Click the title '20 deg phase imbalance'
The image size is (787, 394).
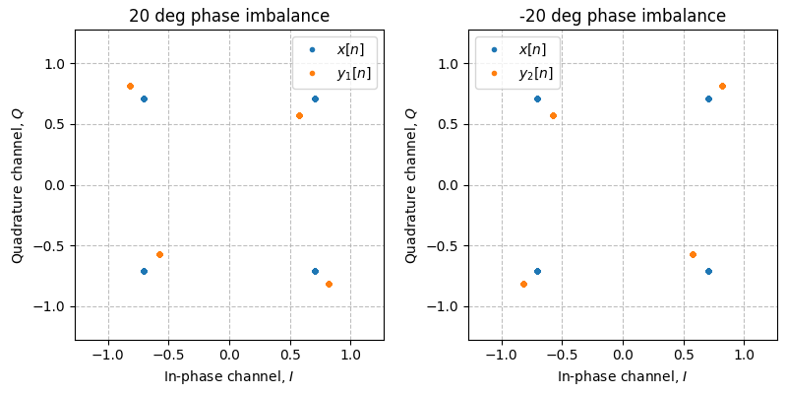[x=229, y=16]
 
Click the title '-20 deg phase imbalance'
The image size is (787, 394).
[x=623, y=16]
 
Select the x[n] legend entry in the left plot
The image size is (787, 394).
[x=334, y=49]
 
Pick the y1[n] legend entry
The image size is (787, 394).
[x=334, y=72]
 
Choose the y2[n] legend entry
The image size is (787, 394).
[x=517, y=72]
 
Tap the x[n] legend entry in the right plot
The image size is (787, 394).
[x=517, y=49]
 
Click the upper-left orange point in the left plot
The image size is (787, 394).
[x=130, y=86]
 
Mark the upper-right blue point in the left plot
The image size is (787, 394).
[x=315, y=98]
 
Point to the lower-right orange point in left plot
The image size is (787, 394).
[x=329, y=284]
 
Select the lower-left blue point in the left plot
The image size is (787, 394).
[x=144, y=271]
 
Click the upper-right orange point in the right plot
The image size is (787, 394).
[x=722, y=86]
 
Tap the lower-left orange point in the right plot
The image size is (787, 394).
[x=523, y=284]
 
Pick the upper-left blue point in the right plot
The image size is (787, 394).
[x=537, y=98]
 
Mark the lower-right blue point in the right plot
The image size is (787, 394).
[x=708, y=271]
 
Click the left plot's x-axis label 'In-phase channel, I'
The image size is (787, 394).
[x=229, y=376]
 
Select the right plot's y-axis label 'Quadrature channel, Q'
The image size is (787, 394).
[x=411, y=185]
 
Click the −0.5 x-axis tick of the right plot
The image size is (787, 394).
[x=562, y=355]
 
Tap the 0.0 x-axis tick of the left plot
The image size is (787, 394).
[x=229, y=355]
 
